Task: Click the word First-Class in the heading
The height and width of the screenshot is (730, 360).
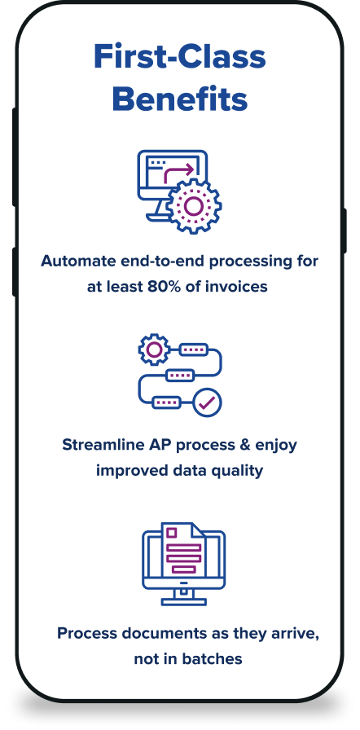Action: coord(179,57)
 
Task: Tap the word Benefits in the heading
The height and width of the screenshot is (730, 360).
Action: coord(179,99)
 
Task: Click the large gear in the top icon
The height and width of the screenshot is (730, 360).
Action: coord(194,204)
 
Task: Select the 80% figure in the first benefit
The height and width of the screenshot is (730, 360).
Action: coord(169,286)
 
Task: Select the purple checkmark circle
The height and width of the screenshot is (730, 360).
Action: coord(207,402)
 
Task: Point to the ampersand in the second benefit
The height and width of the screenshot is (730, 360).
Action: coord(245,444)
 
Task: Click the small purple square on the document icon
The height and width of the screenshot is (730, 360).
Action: coord(172,532)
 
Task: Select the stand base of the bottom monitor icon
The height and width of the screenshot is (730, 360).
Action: coord(184,602)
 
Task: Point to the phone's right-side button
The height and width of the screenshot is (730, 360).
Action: coord(345,231)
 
